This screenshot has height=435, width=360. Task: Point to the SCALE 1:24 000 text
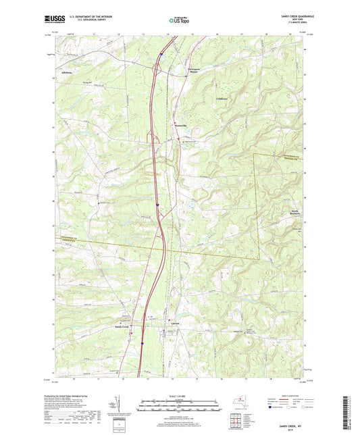click(180, 395)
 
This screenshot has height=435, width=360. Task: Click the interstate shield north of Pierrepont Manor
click(162, 51)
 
